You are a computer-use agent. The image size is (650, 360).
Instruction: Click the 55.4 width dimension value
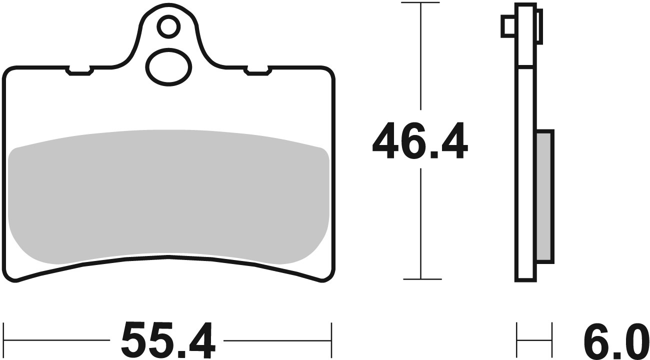(168, 340)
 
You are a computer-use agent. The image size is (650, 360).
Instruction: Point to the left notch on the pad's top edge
(79, 71)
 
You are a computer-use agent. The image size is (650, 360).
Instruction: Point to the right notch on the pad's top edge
(257, 71)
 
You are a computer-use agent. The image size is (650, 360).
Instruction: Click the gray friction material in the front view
(168, 195)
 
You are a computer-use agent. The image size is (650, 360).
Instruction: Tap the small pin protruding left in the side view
(507, 25)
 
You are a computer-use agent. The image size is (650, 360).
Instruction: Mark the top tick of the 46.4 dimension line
(421, 4)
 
